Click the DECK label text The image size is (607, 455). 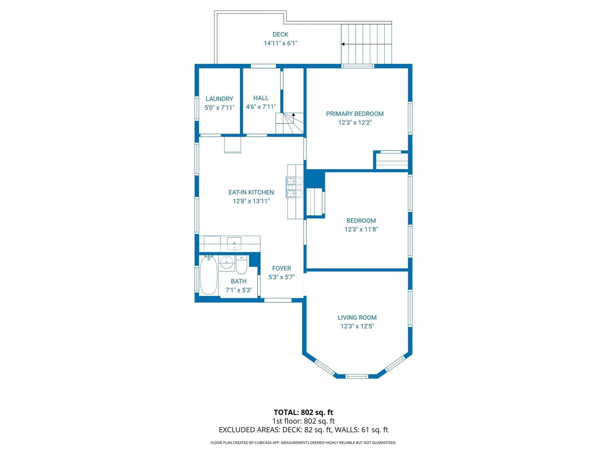point(280,34)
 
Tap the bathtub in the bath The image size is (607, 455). point(208,275)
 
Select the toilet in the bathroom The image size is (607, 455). point(241,266)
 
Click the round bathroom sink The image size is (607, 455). point(227,262)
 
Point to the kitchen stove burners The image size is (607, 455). point(295,187)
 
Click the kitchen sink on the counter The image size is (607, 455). point(234,243)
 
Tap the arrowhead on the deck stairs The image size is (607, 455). point(343,44)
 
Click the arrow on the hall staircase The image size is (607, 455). point(293,114)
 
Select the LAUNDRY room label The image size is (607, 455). point(219,99)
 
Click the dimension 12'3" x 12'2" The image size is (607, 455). point(355,122)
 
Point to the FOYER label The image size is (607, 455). point(282,268)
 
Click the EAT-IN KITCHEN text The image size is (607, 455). point(251,192)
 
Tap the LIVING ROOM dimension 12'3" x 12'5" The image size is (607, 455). point(357,326)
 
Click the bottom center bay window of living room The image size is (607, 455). point(357,376)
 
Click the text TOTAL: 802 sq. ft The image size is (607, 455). point(303,412)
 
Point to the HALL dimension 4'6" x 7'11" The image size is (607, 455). point(261,107)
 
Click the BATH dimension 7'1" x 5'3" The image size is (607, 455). point(239,290)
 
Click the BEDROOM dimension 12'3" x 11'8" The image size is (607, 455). point(361,229)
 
